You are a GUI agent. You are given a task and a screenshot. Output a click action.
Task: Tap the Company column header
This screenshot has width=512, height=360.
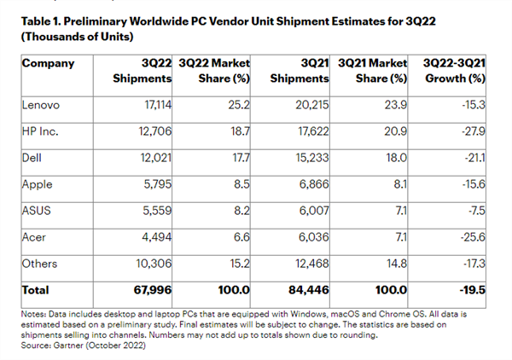click(x=48, y=63)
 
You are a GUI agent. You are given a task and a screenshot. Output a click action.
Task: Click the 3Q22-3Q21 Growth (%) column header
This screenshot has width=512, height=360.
click(x=457, y=71)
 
